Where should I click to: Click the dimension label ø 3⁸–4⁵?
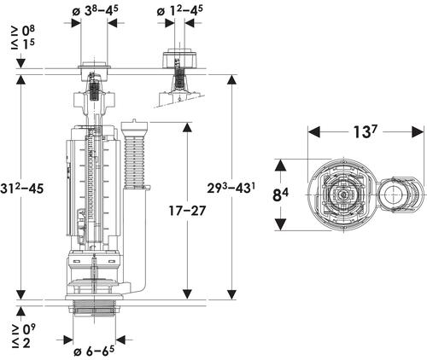[x=95, y=11]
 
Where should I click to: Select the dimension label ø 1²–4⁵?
[x=179, y=11]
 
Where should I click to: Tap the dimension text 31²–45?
[x=22, y=189]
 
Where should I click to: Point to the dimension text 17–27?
[x=187, y=211]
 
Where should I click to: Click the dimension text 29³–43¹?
[x=231, y=188]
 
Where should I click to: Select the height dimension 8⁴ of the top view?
[x=280, y=195]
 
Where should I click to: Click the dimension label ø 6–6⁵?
[x=94, y=351]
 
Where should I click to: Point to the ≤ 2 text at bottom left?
[x=20, y=343]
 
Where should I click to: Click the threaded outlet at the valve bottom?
[x=94, y=309]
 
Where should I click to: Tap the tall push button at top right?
[x=179, y=58]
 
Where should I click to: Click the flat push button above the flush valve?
[x=94, y=66]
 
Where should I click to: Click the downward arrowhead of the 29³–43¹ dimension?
[x=232, y=294]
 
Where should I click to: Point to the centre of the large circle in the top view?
[x=343, y=195]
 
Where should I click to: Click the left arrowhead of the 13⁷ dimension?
[x=314, y=131]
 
